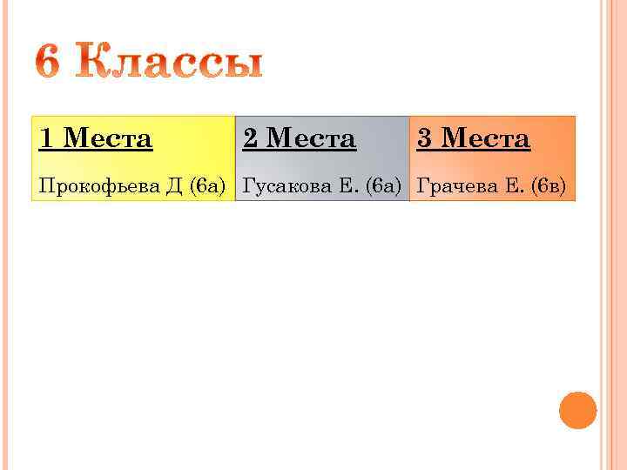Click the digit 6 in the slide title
[x=51, y=64]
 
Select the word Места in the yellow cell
[x=108, y=138]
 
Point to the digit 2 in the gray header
[x=250, y=138]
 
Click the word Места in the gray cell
[x=311, y=138]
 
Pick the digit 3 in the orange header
[x=424, y=138]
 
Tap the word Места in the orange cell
[x=485, y=138]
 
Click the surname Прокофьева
[x=98, y=185]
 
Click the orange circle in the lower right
[x=577, y=410]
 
